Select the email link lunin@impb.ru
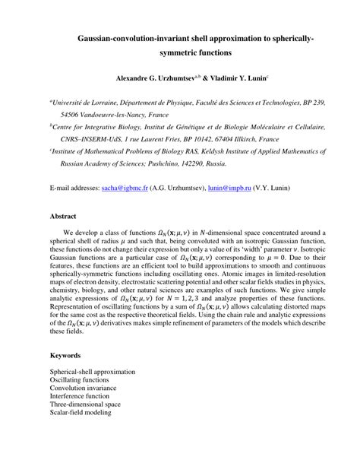pyautogui.click(x=231, y=185)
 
